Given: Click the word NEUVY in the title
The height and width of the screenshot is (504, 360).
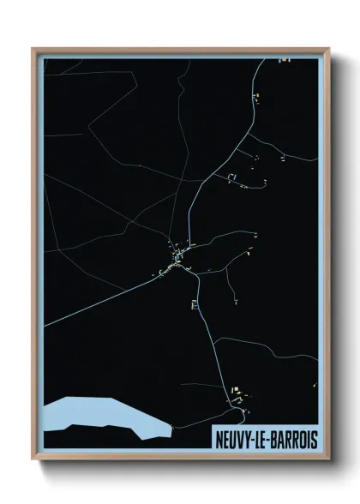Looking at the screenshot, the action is coord(237,438).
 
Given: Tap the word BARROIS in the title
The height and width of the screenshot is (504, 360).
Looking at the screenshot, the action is coord(297,438).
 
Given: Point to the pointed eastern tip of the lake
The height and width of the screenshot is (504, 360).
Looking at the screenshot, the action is coord(170,426).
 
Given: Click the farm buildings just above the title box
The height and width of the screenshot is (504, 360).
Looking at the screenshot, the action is coord(239,396).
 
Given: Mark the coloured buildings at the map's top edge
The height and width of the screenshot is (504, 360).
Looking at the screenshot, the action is coord(284,59).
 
